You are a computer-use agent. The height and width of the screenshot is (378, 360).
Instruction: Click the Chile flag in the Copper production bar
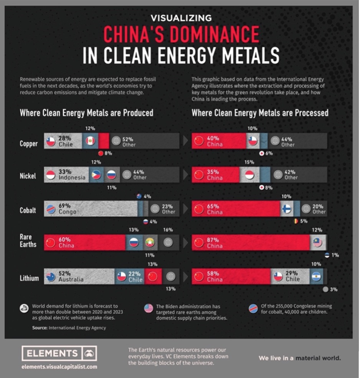coord(51,141)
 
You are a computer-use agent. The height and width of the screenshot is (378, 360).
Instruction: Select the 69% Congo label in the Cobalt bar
coord(67,209)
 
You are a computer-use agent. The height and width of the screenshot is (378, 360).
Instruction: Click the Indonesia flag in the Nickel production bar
coord(51,175)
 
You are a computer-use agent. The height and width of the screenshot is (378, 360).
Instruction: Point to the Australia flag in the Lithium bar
coord(51,276)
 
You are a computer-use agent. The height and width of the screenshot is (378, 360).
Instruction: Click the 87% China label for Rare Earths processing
coord(214,243)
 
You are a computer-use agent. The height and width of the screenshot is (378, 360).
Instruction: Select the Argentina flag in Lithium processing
coord(316,276)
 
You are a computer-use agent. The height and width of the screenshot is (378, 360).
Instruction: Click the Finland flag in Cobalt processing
coord(286,209)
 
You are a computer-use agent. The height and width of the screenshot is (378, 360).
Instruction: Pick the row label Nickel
coord(28,176)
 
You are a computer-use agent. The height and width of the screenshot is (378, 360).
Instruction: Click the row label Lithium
coord(29,278)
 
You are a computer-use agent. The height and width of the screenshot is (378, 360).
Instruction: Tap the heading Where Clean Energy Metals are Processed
coord(260,113)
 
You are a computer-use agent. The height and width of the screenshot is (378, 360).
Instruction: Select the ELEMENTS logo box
coord(59,353)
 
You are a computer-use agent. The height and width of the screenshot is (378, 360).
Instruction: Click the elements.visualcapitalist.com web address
coord(59,367)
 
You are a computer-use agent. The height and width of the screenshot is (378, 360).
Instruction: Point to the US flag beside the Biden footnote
coord(148,308)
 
